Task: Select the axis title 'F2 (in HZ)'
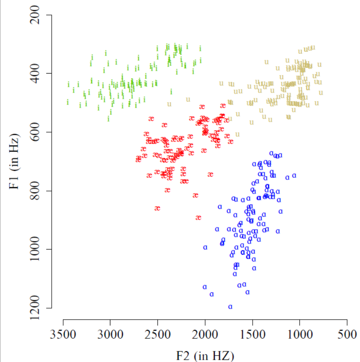tap(205, 355)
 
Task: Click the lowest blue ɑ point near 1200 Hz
tap(230, 306)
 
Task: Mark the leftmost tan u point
tap(169, 104)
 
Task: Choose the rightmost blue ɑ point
tap(294, 175)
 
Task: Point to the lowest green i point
tap(109, 119)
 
